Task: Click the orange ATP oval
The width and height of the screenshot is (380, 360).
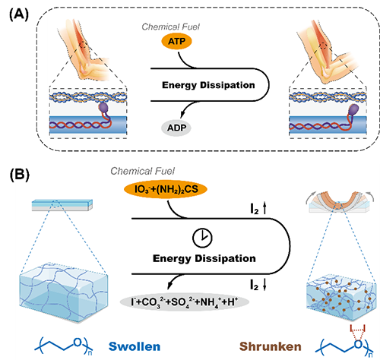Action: coord(176,41)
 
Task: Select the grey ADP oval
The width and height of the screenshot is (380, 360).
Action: coord(176,128)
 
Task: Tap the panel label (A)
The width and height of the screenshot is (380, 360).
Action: coord(19,15)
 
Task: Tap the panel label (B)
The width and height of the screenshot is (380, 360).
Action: coord(20,175)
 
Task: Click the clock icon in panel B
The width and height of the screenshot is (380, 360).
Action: coord(202,238)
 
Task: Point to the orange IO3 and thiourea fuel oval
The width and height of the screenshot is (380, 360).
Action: coord(166,189)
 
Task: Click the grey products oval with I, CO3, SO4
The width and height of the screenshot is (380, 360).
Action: coord(185,302)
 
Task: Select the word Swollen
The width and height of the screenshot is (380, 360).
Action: coord(135,346)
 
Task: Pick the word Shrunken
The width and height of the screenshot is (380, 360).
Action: coord(271,346)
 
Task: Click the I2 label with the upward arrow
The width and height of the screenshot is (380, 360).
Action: coord(258,209)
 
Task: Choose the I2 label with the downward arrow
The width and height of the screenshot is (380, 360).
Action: coord(258,284)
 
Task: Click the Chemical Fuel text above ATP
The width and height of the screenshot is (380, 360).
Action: coord(170,27)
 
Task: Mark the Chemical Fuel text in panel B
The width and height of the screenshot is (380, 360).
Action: coord(142,171)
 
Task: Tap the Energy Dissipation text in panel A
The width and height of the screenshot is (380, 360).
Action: coord(208,85)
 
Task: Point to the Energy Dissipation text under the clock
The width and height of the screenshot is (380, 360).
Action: coord(204,258)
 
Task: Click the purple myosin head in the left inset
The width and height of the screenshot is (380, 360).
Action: coord(103,108)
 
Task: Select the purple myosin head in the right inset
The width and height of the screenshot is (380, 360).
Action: coord(353,109)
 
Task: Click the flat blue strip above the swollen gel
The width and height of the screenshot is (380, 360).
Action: coord(62,205)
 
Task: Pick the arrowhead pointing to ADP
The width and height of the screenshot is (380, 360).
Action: coord(182,114)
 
